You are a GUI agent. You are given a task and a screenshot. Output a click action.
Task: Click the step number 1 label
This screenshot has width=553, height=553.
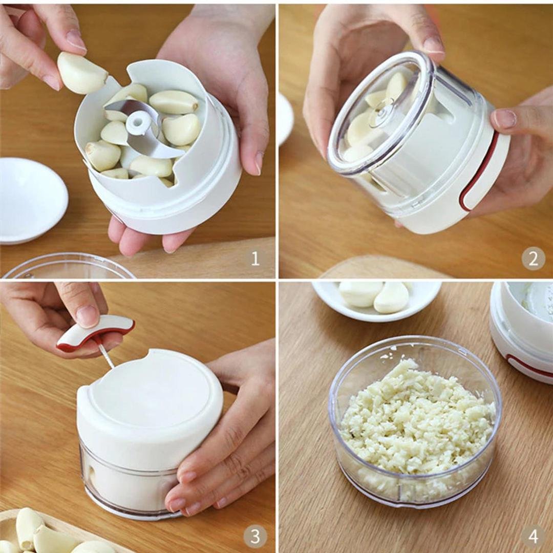(255, 259)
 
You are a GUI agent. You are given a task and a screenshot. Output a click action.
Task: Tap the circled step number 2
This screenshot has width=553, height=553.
(533, 259)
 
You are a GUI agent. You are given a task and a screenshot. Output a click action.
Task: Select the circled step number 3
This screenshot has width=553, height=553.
(255, 537)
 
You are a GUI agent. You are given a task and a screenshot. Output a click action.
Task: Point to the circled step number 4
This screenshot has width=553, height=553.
(533, 537)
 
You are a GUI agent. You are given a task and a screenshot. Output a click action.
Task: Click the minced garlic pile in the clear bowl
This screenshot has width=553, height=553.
(416, 418)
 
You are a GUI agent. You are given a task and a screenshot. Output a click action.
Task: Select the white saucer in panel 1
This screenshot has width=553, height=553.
(32, 200)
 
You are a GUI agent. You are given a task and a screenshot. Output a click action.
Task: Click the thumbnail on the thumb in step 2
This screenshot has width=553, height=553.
(505, 118)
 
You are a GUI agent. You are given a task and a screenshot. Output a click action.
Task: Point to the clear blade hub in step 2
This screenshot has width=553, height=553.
(382, 114)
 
